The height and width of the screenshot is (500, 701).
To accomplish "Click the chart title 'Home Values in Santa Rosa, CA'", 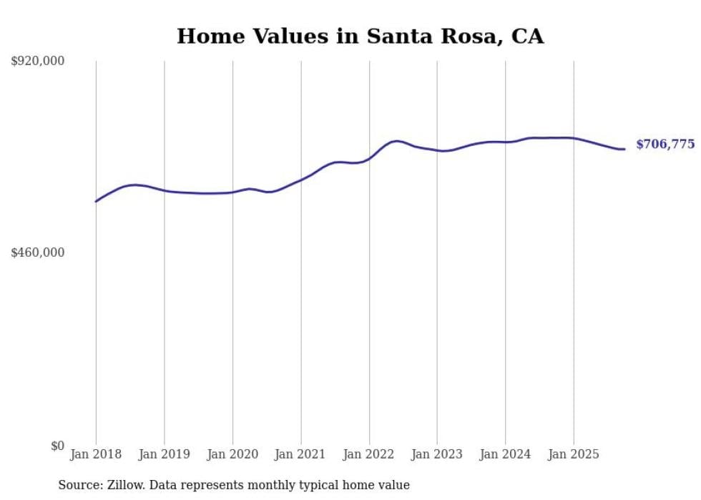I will [360, 36].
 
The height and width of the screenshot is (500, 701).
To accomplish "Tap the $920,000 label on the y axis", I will [38, 62].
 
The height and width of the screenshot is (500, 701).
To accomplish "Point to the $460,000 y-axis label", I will [38, 253].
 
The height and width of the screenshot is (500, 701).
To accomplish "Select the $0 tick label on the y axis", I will [57, 446].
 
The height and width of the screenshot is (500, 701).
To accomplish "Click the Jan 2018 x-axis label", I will [96, 454].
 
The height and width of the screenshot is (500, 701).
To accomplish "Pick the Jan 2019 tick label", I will [165, 454].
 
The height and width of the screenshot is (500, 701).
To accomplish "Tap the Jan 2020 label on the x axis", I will [232, 454].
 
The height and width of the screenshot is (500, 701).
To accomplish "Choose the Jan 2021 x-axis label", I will [300, 454].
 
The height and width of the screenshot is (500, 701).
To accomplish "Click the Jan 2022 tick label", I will [369, 454].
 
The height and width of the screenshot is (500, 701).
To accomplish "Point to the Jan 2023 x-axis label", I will [437, 454].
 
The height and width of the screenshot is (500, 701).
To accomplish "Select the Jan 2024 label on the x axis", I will [506, 454].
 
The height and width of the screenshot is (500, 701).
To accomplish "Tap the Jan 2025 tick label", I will [574, 454].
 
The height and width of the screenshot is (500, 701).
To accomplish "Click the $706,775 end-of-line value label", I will [665, 144].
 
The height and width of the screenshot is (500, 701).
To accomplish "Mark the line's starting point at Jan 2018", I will [96, 202].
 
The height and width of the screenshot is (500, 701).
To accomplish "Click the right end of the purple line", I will [624, 149].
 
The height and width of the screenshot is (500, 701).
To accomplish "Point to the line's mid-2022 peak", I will [397, 141].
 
